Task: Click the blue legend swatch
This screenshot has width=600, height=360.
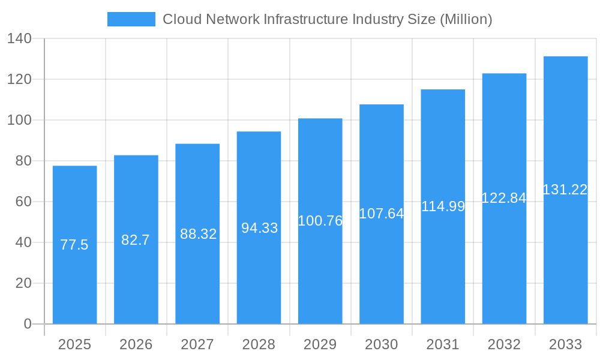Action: point(131,19)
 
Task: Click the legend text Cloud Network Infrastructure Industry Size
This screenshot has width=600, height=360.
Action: point(327,19)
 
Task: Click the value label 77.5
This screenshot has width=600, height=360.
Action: point(74,245)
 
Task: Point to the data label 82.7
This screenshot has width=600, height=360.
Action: point(136,240)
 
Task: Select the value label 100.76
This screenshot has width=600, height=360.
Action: point(320,221)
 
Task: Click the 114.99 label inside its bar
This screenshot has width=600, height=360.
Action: point(443,206)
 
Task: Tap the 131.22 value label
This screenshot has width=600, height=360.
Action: point(565,190)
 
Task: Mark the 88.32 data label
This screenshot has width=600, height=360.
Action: point(198,234)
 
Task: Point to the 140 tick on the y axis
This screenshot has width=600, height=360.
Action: point(19,38)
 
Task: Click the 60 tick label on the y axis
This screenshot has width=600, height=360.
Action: point(23,202)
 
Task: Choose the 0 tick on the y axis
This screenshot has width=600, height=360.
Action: point(27,324)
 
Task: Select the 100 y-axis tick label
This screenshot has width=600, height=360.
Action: point(19,120)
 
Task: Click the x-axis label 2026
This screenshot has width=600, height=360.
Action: point(136,344)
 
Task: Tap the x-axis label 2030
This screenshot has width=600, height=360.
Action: point(381,344)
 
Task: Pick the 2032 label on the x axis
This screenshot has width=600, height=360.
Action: point(504,344)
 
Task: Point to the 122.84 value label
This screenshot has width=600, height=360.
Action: point(504,198)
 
